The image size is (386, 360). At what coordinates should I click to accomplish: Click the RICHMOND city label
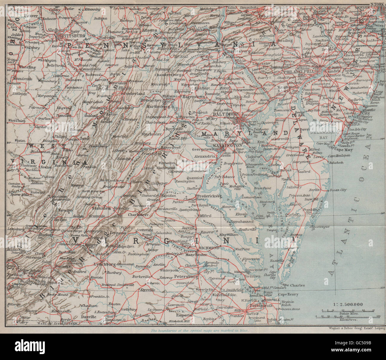(210, 248)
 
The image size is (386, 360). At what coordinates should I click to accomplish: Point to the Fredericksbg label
(211, 196)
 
